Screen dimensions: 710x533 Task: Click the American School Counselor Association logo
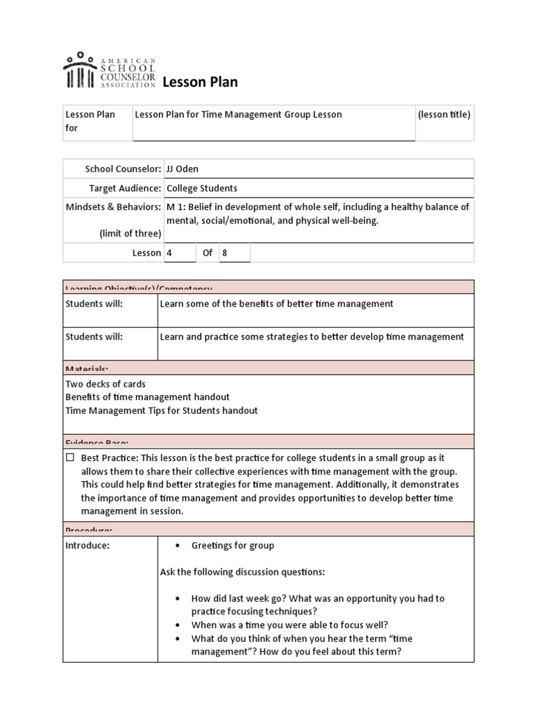(x=109, y=71)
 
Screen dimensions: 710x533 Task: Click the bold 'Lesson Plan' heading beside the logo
(x=200, y=83)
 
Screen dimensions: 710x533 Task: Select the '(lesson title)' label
(x=444, y=114)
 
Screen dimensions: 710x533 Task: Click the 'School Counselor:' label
(x=123, y=168)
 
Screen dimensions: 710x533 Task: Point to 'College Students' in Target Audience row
(x=201, y=188)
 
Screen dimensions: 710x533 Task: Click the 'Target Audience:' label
(x=125, y=188)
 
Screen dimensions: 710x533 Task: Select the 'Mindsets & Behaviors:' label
(x=113, y=207)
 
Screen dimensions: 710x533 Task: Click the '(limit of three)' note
(x=130, y=233)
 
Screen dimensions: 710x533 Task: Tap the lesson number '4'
(x=169, y=253)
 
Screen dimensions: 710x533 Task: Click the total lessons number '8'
(x=225, y=253)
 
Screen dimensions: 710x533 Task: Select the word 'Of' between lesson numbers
(x=208, y=253)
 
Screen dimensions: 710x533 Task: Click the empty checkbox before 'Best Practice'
(x=70, y=458)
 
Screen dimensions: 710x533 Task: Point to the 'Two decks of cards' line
(x=105, y=383)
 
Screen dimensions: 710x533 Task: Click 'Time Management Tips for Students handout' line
(x=161, y=410)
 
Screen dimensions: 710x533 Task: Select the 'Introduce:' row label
(x=87, y=545)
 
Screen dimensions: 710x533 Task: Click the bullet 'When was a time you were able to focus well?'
(x=289, y=624)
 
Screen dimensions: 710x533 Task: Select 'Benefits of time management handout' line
(x=147, y=397)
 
